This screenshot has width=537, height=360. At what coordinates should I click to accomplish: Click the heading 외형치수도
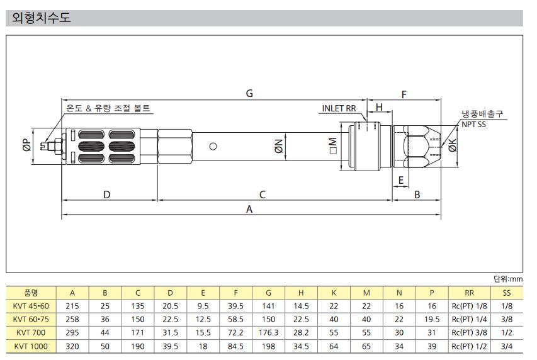tap(41, 18)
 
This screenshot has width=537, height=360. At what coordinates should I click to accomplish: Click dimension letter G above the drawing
tap(249, 93)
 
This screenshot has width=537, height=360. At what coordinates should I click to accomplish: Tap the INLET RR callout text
tap(339, 108)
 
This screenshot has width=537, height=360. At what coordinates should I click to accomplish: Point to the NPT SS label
tap(473, 125)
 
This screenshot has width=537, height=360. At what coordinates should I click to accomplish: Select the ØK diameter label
tap(453, 145)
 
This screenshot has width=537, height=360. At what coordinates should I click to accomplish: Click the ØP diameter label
tap(27, 145)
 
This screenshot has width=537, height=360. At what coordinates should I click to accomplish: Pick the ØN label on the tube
tap(279, 146)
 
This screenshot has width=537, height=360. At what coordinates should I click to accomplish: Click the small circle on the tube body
tap(213, 146)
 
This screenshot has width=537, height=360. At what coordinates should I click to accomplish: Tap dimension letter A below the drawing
tap(249, 209)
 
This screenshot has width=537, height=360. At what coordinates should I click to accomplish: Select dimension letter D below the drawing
tap(107, 194)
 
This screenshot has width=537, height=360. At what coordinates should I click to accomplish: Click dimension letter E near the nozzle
tap(400, 180)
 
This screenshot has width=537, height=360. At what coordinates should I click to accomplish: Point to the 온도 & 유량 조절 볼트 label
tap(108, 108)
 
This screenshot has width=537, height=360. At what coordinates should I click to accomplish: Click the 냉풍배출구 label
tap(482, 114)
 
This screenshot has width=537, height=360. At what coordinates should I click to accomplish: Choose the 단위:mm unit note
tap(508, 279)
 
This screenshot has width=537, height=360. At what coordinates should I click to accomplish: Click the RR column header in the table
tap(469, 293)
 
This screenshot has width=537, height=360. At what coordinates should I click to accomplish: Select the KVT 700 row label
tap(31, 332)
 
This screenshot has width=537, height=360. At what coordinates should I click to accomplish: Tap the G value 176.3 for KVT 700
tap(268, 332)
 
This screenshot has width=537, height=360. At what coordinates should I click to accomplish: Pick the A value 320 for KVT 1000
tap(72, 346)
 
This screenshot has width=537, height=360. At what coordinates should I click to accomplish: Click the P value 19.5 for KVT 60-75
tap(432, 319)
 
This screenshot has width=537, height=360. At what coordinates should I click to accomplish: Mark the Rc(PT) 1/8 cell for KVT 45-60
tap(469, 306)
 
